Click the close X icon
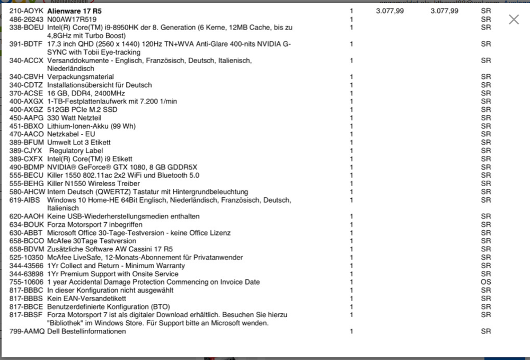(514, 20)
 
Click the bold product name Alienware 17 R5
(74, 11)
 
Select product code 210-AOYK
(26, 11)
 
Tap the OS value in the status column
(486, 282)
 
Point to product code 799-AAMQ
(26, 331)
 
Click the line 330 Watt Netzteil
(74, 118)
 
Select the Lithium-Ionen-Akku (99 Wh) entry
(91, 126)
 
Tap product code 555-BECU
(26, 175)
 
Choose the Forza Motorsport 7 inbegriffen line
(95, 225)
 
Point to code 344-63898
(26, 274)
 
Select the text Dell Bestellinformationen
(86, 331)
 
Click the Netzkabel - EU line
(71, 134)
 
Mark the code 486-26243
(26, 19)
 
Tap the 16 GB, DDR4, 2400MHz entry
(86, 93)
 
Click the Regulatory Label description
(79, 151)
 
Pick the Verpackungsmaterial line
(80, 77)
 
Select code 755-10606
(26, 282)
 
